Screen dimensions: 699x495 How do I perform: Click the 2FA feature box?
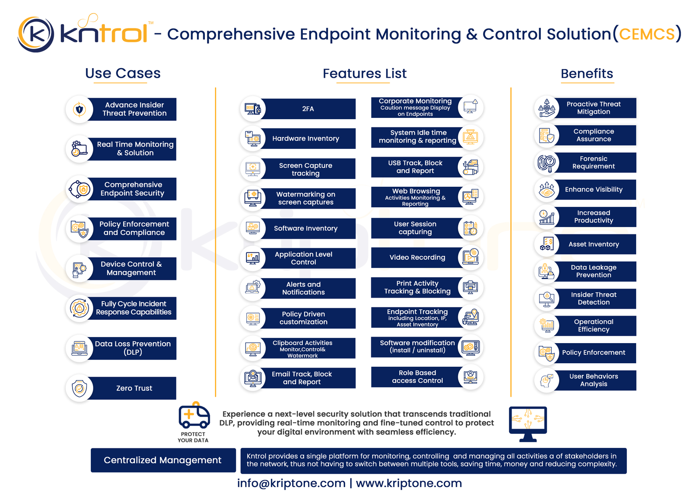point(308,109)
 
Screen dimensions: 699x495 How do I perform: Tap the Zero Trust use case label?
point(134,388)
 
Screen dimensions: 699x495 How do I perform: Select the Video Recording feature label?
point(417,258)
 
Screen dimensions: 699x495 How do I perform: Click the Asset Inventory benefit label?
point(594,244)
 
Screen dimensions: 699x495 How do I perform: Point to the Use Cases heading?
point(123,74)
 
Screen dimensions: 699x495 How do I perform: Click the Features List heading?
point(364,74)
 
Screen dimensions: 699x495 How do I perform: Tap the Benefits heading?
point(587,74)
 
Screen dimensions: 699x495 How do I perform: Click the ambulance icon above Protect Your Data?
point(194,415)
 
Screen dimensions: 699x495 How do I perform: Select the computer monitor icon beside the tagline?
point(528,424)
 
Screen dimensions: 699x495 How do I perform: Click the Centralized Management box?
point(163,460)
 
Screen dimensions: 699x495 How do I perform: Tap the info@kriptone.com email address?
point(291,483)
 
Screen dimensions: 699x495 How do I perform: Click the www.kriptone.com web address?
point(409,483)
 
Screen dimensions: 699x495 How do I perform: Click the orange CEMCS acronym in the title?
point(647,34)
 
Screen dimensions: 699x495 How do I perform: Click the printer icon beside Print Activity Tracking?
point(471,287)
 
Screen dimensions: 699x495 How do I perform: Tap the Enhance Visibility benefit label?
point(594,189)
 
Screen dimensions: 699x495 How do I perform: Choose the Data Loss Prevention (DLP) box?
point(131,348)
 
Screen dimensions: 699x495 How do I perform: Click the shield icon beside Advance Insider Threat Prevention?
point(80,110)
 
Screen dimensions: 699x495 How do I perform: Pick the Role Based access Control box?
point(417,377)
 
